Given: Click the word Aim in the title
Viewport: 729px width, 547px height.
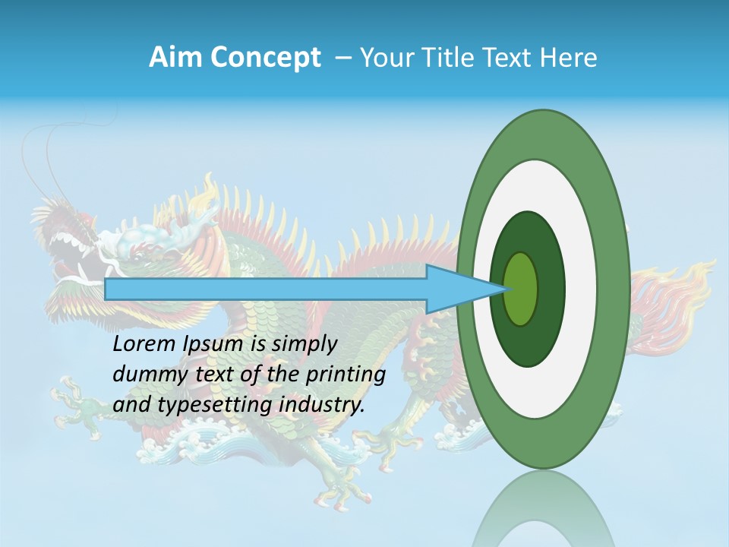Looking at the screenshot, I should [x=175, y=58].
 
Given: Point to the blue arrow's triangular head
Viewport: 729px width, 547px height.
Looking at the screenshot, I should [x=463, y=289].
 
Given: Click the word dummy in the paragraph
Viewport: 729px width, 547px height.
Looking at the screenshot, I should [x=145, y=375].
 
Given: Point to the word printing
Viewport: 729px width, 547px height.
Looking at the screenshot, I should [x=345, y=375].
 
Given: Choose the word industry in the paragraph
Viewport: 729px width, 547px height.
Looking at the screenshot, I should [x=322, y=405].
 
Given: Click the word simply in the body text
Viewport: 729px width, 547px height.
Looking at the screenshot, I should [x=304, y=344].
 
